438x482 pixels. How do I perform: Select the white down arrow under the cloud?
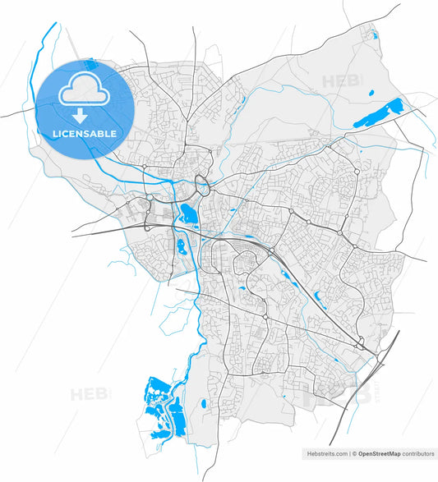[x=81, y=113]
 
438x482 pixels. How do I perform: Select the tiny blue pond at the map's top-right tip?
[x=376, y=35]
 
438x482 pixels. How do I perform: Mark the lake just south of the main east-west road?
[x=181, y=245]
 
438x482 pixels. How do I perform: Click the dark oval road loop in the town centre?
[x=200, y=182]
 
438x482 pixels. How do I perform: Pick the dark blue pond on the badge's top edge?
[x=90, y=62]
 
